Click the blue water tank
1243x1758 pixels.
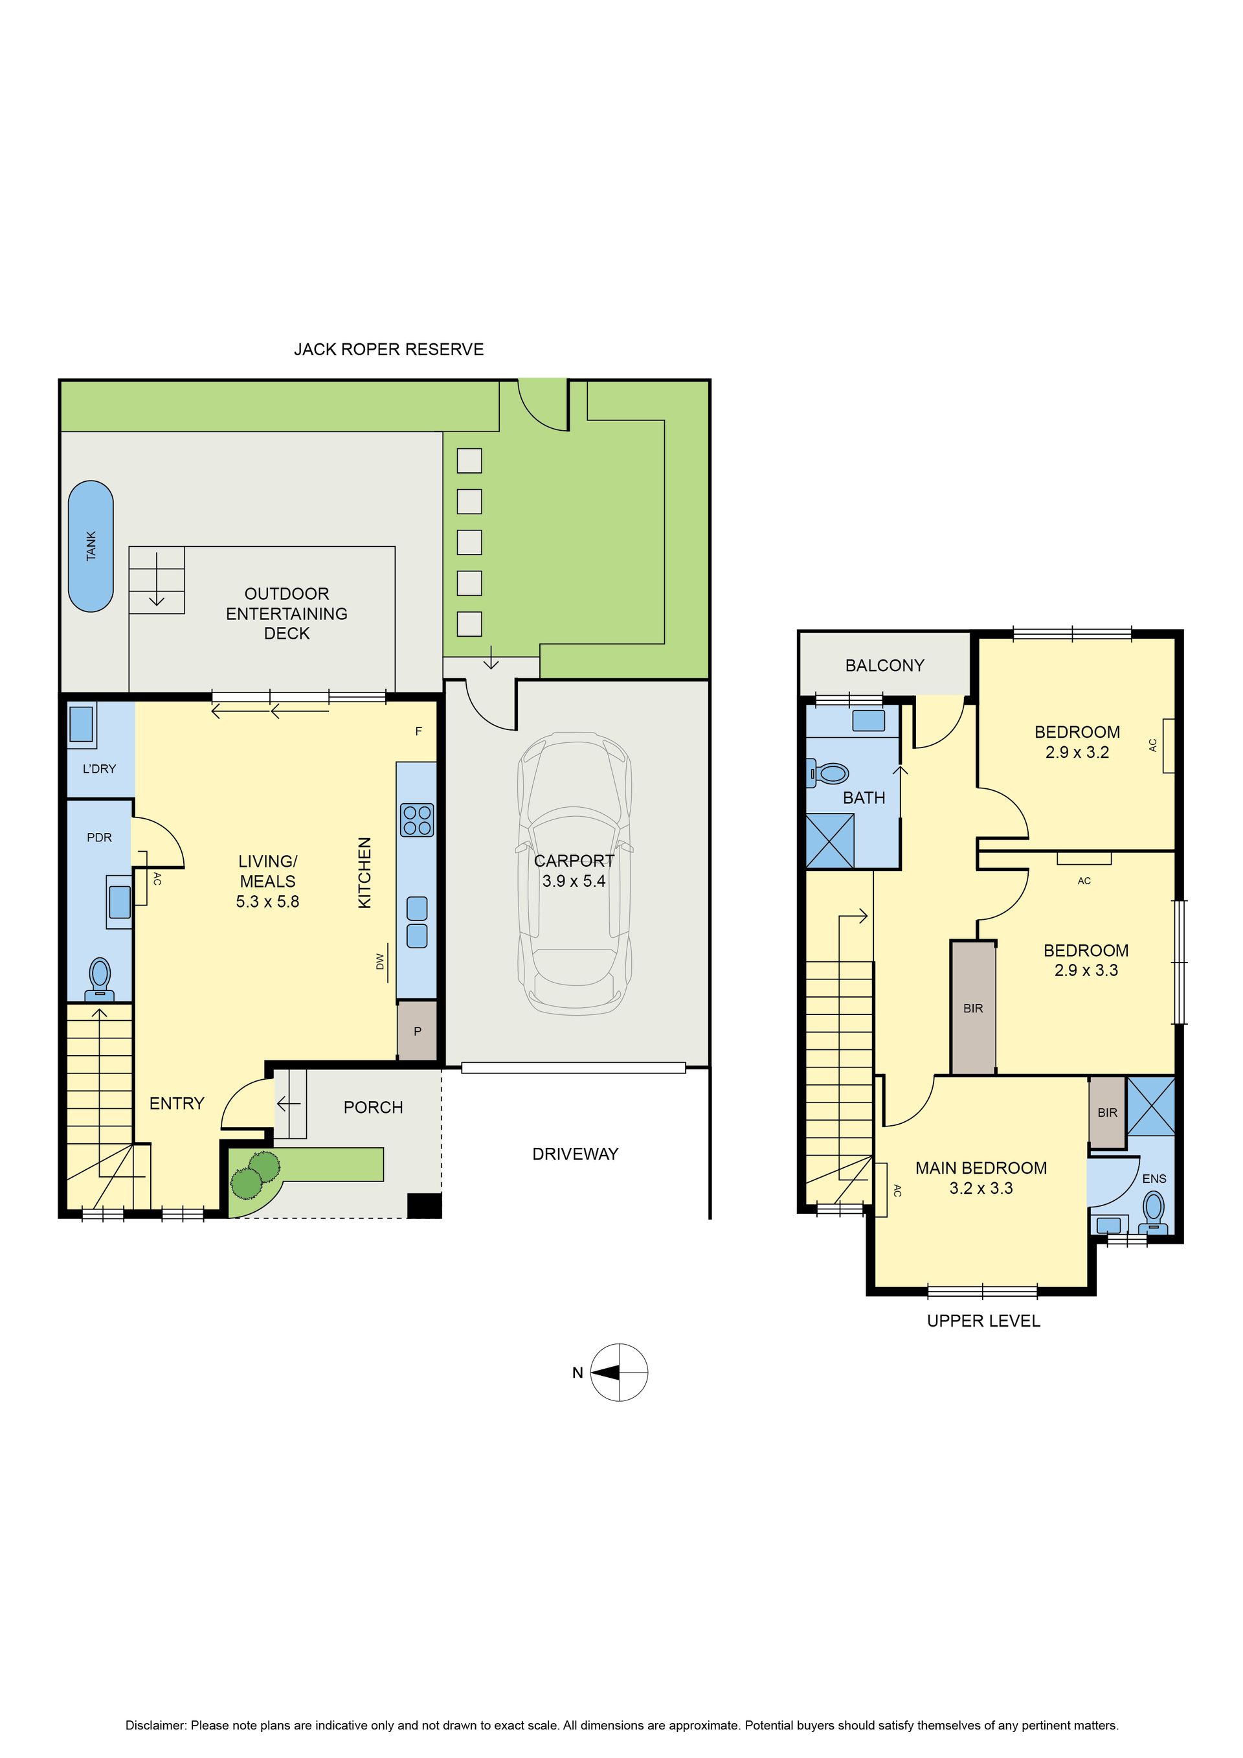[91, 546]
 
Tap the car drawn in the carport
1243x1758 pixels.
[574, 874]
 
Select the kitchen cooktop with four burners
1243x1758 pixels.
[417, 820]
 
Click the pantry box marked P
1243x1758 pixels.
[417, 1031]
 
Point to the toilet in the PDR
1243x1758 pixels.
[100, 979]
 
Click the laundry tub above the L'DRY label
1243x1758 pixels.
[82, 724]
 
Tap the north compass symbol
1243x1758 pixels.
[619, 1373]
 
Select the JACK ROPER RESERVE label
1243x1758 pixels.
[389, 349]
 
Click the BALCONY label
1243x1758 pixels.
[885, 665]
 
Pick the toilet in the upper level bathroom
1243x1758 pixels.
[828, 773]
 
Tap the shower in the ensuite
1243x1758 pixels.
[1150, 1106]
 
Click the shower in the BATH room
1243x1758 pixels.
[831, 841]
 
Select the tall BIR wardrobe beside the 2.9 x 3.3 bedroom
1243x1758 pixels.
[973, 1008]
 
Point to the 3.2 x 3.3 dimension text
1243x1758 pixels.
[981, 1189]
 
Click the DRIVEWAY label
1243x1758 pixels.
[576, 1154]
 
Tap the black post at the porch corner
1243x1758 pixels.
[424, 1205]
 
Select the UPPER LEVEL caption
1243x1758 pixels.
[983, 1321]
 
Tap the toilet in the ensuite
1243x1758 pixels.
[1154, 1212]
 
